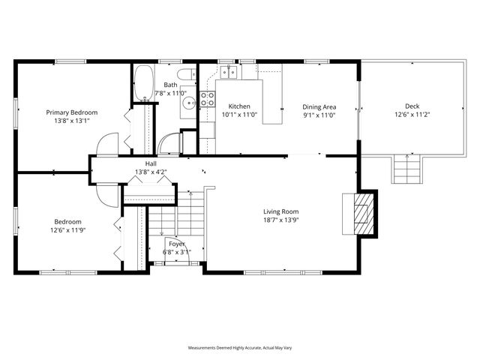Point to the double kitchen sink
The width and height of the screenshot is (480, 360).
click(x=232, y=72)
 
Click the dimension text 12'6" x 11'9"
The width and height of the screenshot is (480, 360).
click(x=67, y=230)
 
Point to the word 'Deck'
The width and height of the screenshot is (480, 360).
click(x=412, y=106)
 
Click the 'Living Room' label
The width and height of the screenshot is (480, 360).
click(x=280, y=211)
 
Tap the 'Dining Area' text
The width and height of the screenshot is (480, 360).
click(x=319, y=106)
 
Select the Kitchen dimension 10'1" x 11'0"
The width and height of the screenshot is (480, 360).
click(x=239, y=115)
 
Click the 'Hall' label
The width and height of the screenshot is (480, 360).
click(x=151, y=163)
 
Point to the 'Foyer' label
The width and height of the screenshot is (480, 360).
click(x=177, y=244)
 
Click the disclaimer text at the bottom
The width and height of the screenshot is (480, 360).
click(x=239, y=348)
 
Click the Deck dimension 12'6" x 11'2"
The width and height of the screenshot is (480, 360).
click(x=412, y=115)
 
